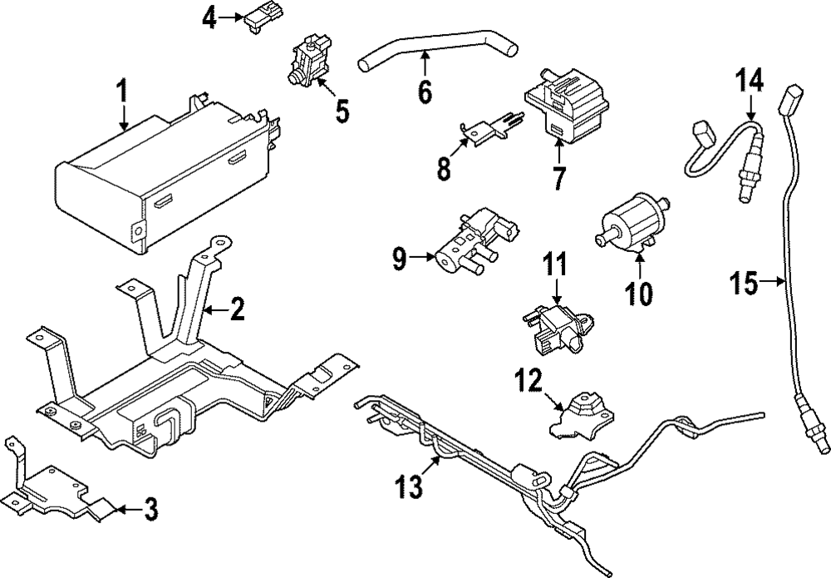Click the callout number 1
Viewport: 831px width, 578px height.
pos(123,91)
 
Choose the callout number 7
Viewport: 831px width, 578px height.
pos(558,177)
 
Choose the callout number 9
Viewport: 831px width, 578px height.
pos(399,260)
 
